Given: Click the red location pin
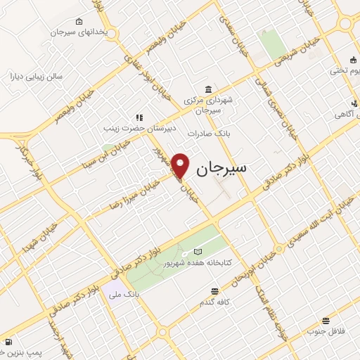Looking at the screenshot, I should tap(181, 165).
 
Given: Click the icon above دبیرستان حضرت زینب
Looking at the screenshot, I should tap(139, 117).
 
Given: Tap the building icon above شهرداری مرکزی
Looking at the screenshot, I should tap(207, 89).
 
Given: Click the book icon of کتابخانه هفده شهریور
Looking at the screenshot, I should tap(197, 251).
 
